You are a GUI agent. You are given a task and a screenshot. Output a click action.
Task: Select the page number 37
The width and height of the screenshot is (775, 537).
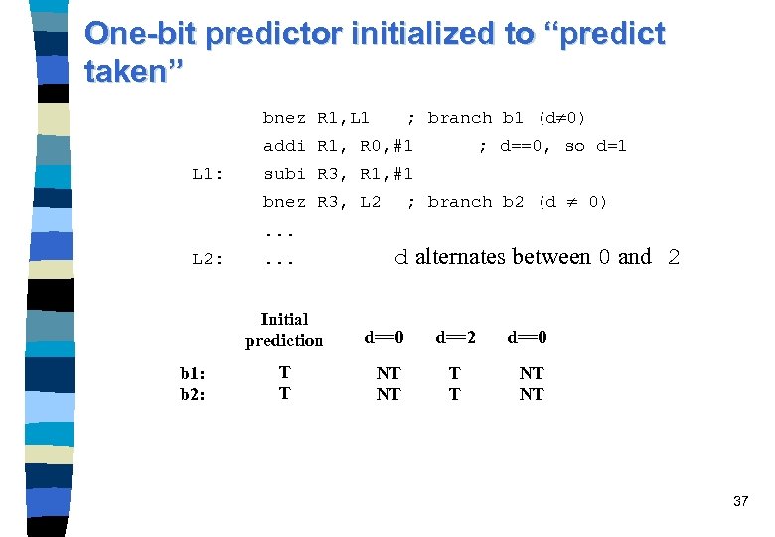point(740,502)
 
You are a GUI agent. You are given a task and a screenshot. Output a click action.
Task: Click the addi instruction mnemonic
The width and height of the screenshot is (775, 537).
point(284,146)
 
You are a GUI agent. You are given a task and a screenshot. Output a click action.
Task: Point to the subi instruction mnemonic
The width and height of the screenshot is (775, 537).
point(284,174)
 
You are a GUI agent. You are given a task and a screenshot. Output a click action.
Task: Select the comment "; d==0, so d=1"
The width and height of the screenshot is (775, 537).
point(552,146)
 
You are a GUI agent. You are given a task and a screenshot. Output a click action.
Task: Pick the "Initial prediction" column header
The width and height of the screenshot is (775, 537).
point(284,329)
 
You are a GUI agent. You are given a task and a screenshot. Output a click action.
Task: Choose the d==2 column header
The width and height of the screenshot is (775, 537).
point(455,337)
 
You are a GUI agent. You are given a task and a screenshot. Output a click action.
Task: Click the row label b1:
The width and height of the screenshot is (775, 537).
point(193,373)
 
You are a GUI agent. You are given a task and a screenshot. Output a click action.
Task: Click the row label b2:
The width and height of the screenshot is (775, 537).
point(193,394)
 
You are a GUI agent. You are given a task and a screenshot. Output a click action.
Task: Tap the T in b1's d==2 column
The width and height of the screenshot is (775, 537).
point(455,373)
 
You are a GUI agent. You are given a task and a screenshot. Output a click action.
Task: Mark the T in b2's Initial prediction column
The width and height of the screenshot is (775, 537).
point(284,394)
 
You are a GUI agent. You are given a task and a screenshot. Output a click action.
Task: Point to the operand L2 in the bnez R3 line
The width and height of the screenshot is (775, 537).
point(370,202)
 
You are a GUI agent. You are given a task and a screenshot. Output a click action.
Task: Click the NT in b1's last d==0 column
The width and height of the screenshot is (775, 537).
point(532,373)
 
